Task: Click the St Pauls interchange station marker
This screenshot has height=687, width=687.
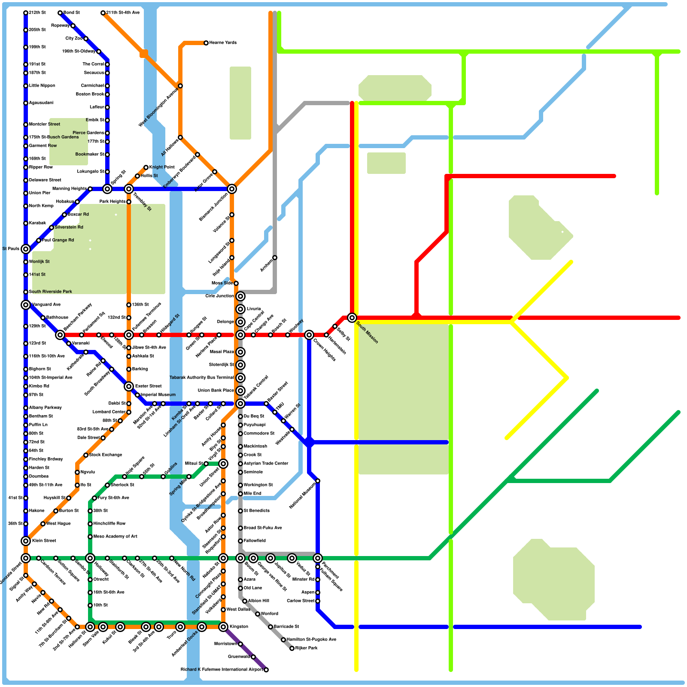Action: point(26,249)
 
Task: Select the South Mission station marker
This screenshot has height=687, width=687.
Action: point(352,318)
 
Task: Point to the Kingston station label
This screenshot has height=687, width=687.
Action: point(239,627)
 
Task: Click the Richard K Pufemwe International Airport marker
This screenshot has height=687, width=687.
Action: point(266,670)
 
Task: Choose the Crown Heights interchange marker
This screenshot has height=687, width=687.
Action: point(309,335)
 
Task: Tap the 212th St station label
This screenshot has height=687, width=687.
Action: point(37,13)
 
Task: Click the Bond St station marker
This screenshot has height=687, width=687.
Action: point(60,13)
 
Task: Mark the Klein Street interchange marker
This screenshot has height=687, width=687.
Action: point(26,541)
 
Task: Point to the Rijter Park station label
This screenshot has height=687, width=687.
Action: point(307,648)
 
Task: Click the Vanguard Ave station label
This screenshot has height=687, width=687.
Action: point(46,305)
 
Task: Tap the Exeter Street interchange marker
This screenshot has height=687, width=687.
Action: point(129,386)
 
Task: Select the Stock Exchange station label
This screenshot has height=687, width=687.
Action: point(106,455)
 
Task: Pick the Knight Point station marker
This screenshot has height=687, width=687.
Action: point(146,167)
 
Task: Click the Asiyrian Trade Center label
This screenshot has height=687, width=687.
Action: point(266,464)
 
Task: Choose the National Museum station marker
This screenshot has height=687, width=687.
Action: point(318,481)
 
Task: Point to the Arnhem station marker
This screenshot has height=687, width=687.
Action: point(275,258)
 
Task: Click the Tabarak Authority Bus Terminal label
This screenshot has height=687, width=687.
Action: point(202,378)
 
